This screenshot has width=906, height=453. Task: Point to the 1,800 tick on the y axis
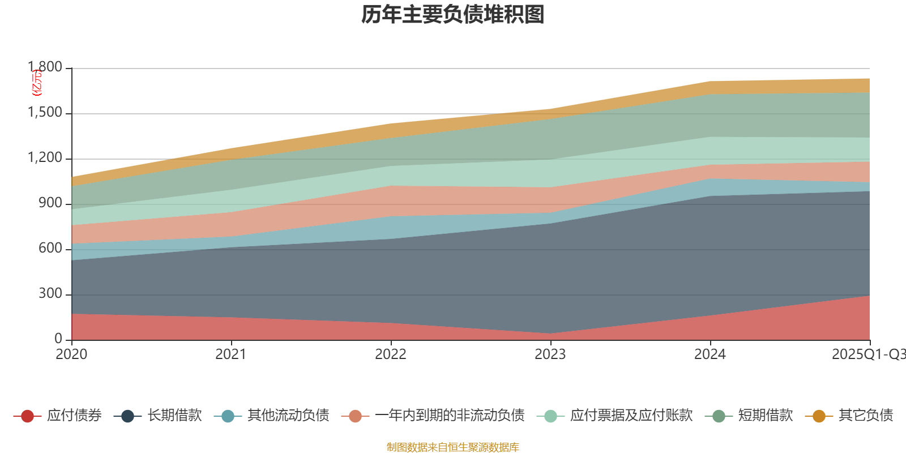45,67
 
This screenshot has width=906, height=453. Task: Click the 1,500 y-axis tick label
45,113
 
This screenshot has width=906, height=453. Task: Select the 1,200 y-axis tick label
45,158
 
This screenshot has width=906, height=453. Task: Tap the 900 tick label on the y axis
50,203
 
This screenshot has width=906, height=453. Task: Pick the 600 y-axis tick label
50,249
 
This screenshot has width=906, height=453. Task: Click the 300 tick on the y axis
50,294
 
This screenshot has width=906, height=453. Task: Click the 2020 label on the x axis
71,354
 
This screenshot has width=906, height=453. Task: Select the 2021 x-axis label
231,354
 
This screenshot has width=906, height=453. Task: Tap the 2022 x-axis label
391,354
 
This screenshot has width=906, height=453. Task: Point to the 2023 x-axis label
550,354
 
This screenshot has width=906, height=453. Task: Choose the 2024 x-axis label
710,354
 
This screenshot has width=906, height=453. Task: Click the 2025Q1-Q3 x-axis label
868,354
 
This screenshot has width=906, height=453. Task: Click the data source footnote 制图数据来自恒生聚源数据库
453,447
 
